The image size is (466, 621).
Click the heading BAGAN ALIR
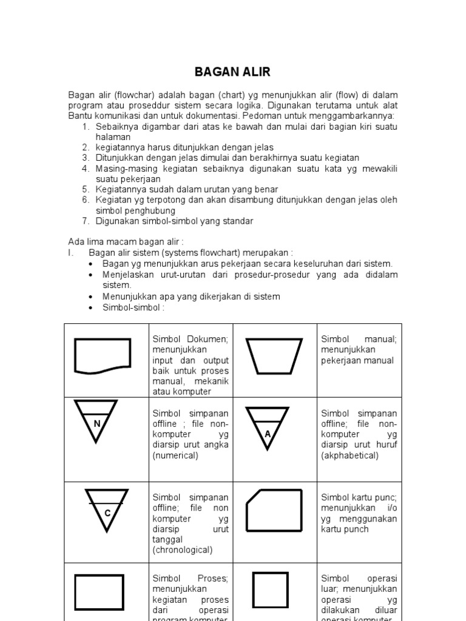[232, 72]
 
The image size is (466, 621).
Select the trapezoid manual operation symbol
[274, 355]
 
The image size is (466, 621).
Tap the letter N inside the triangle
[97, 424]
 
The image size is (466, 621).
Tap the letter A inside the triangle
[268, 434]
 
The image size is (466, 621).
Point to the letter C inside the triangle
[107, 513]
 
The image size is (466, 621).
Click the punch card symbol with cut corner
[274, 509]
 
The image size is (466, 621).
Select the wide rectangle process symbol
[99, 591]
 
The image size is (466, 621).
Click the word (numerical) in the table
[175, 455]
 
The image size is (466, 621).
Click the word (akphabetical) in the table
[349, 455]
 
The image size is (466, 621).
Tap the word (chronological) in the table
[183, 550]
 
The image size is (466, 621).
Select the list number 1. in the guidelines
[86, 126]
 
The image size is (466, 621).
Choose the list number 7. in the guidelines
[86, 221]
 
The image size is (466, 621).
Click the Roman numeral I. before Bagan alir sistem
[70, 252]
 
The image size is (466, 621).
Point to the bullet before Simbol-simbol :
[90, 308]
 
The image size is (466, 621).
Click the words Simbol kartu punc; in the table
[359, 497]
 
